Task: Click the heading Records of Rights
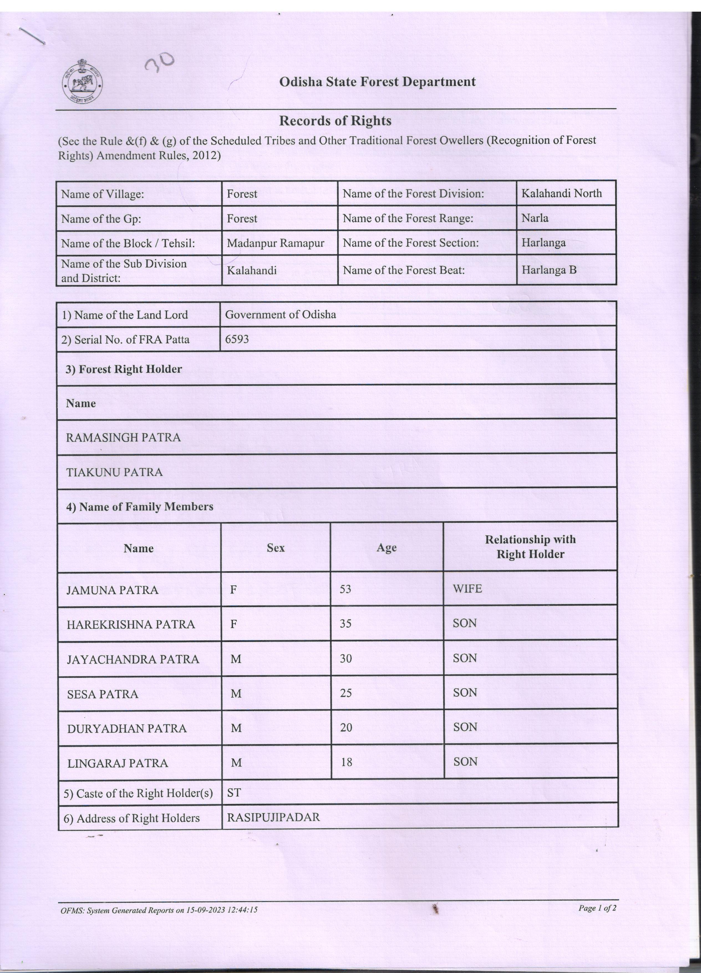pos(335,121)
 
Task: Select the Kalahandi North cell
pos(561,193)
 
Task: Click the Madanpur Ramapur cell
pos(275,243)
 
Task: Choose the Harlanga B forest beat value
pos(549,270)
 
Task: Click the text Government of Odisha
pos(280,314)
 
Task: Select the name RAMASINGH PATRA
pos(123,438)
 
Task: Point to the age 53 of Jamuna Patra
pos(345,589)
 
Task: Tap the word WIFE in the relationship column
pos(467,589)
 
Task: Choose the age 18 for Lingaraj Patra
pos(346,762)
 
